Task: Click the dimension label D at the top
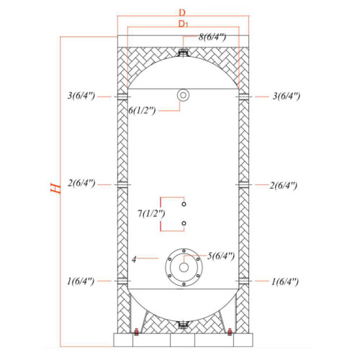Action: point(182,12)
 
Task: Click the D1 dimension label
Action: point(184,24)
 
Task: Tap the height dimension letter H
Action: point(56,188)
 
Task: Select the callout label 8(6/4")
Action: point(212,37)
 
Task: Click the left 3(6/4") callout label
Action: point(81,96)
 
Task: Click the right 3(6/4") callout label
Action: point(287,96)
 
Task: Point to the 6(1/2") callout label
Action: point(142,110)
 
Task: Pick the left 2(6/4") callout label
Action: point(81,184)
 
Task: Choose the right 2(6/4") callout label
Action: point(284,186)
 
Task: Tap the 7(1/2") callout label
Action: point(151,213)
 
